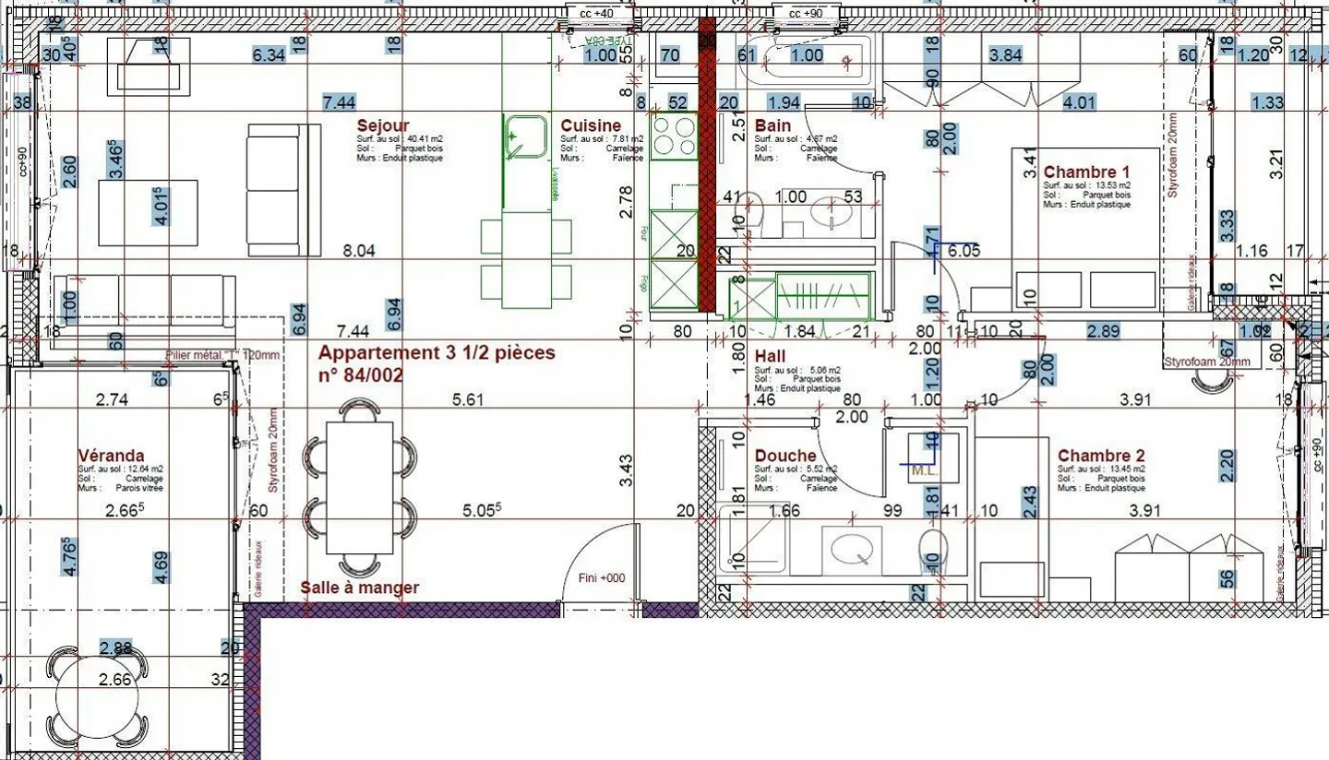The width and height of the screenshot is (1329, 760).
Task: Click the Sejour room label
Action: pos(382,125)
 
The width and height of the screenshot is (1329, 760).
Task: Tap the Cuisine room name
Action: pos(591,125)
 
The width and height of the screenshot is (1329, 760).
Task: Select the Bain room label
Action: pos(772,125)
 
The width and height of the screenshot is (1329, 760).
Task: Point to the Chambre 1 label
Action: pos(1086,172)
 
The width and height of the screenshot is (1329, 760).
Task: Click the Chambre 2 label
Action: pos(1101,456)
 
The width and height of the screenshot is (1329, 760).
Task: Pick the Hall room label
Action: pos(770,356)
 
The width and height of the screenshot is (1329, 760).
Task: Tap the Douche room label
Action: pos(784,456)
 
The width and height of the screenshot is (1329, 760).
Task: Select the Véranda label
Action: pos(111,456)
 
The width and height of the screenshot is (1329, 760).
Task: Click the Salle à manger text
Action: pos(360,588)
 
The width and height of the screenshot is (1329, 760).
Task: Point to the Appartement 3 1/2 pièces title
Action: pos(437,353)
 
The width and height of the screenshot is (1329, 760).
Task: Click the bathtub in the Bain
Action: pos(808,61)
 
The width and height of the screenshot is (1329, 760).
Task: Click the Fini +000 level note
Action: pos(602,578)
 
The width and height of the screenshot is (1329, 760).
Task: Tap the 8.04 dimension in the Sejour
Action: pos(359,250)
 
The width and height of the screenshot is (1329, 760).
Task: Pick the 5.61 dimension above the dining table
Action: pos(468,399)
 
